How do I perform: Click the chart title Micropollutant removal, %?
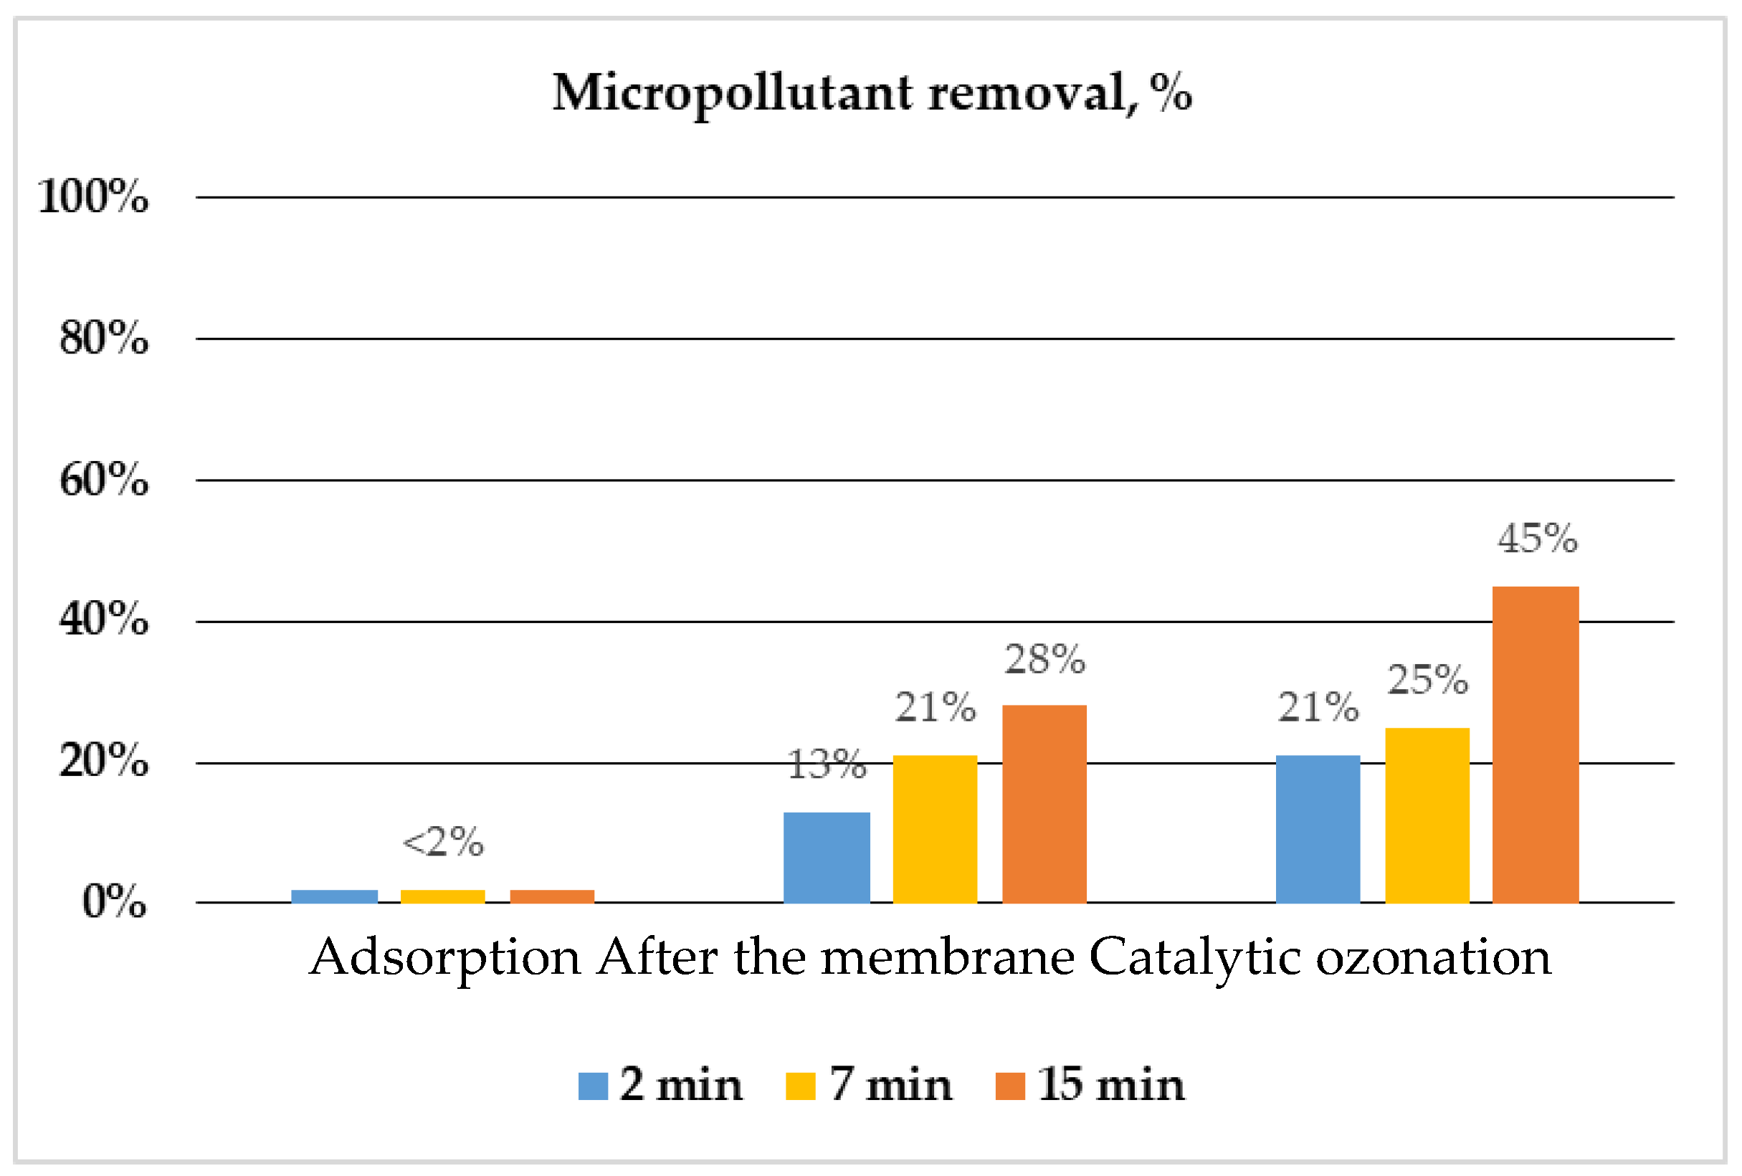click(872, 94)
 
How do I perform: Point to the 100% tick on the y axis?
click(94, 197)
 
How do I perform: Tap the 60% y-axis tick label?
click(104, 480)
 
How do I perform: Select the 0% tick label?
click(114, 901)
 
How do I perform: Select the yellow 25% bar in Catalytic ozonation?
click(1427, 815)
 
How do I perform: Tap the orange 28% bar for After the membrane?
click(1044, 804)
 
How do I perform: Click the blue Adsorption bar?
click(334, 896)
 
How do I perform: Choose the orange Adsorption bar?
click(553, 896)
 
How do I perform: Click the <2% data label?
click(443, 843)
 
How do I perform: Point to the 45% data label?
click(1538, 539)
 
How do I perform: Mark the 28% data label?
click(1045, 660)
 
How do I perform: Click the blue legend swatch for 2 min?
click(593, 1086)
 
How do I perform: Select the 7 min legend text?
click(890, 1085)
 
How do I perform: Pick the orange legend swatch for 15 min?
click(1009, 1086)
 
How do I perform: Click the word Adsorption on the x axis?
click(445, 959)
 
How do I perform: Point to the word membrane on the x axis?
click(948, 959)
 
